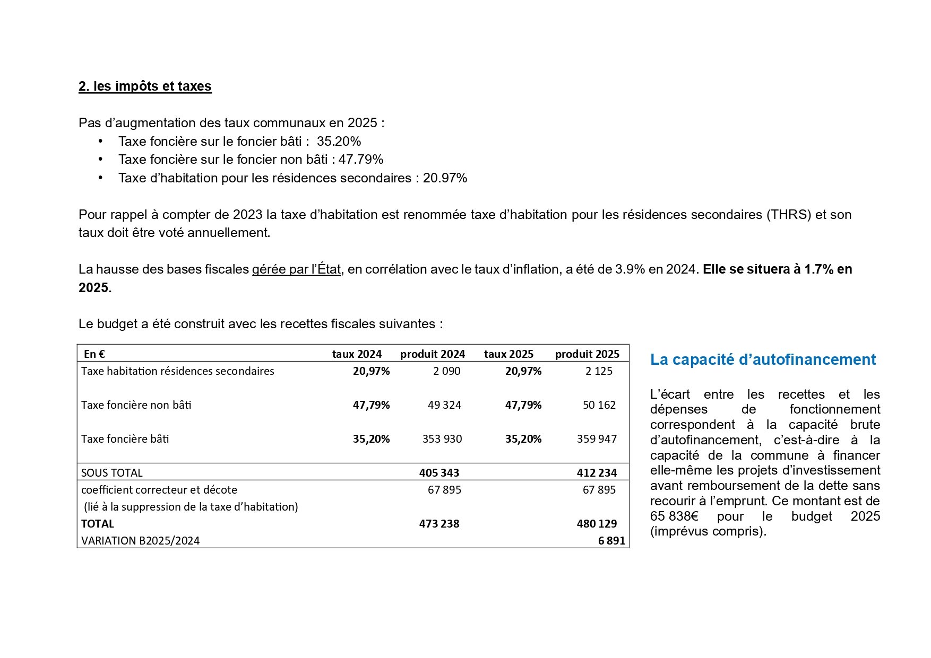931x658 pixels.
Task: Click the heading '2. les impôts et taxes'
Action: point(145,86)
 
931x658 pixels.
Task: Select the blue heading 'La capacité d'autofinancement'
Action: point(763,359)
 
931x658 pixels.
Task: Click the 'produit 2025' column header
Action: point(587,354)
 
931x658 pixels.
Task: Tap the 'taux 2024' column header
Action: point(357,354)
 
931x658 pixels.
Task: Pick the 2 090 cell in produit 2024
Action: point(446,371)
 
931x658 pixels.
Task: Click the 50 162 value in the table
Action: point(599,405)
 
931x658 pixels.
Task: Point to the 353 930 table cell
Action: point(442,439)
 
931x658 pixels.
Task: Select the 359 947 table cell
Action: point(597,439)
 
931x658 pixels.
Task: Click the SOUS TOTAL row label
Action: point(112,473)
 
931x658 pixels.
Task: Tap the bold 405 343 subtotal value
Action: point(439,473)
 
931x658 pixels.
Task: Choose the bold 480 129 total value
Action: point(597,524)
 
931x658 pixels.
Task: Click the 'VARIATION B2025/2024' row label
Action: point(141,541)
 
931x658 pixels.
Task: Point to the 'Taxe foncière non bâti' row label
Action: point(136,405)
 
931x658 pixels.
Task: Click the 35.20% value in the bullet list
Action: point(339,142)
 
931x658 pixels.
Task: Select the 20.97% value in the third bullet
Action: point(445,178)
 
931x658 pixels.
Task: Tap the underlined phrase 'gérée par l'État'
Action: point(296,269)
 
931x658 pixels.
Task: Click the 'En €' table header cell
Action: point(94,354)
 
